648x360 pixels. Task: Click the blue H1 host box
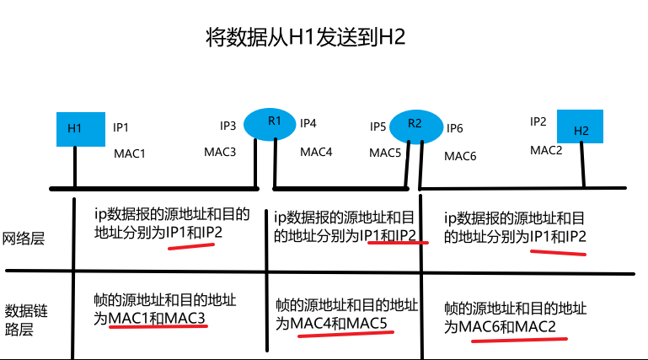click(80, 128)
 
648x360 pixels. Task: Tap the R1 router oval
click(274, 123)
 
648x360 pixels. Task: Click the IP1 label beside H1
click(120, 128)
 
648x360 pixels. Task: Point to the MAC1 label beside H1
click(130, 154)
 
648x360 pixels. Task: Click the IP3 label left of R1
click(228, 126)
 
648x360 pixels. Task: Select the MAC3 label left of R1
click(220, 152)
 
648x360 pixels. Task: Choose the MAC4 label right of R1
click(316, 153)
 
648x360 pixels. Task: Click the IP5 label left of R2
click(378, 126)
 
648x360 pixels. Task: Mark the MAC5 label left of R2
click(385, 153)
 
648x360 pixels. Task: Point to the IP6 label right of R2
click(454, 128)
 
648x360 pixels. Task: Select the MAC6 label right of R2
click(460, 156)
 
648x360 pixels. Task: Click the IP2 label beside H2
click(538, 121)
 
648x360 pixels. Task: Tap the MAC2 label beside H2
click(546, 149)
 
